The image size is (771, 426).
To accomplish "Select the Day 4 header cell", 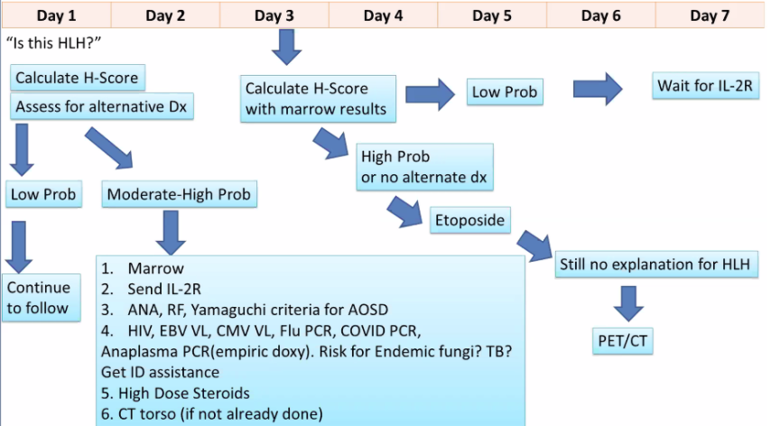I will tap(383, 15).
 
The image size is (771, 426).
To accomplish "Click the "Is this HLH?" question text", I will tap(52, 42).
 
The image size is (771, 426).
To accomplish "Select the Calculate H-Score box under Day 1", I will tap(77, 78).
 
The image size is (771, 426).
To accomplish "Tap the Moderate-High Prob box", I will tap(180, 193).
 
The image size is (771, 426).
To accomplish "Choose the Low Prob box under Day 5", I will tap(505, 92).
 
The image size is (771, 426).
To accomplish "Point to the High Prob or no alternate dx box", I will tap(424, 166).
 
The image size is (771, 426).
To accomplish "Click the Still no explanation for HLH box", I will tap(658, 264).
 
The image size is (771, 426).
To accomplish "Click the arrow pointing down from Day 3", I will tap(288, 47).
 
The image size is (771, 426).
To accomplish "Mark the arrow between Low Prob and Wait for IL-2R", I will tap(597, 89).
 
